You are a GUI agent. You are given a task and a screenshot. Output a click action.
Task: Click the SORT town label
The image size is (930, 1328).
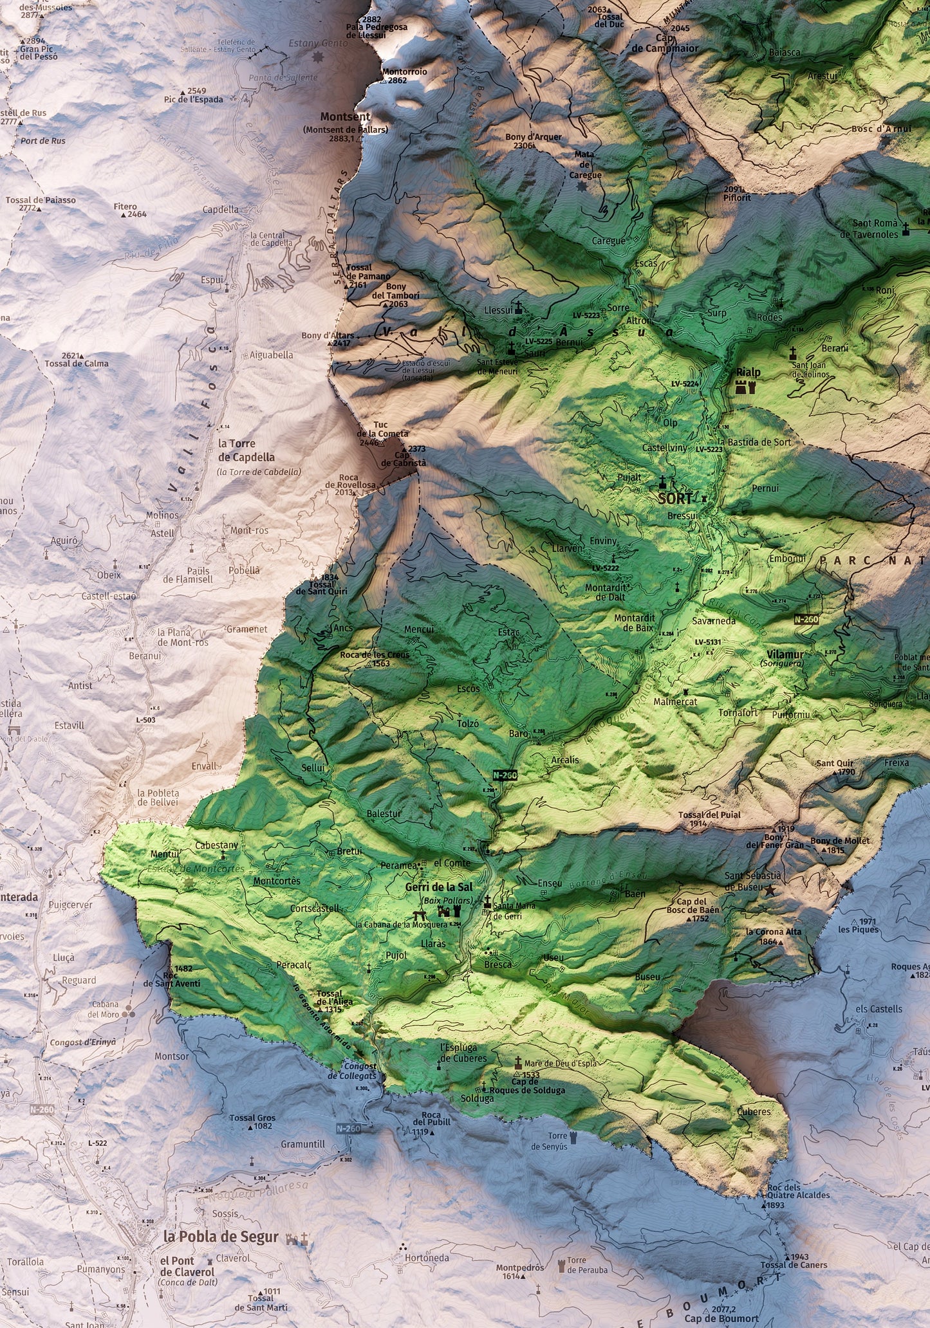675,498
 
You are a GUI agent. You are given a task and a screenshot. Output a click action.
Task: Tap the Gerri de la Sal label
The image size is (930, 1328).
438,887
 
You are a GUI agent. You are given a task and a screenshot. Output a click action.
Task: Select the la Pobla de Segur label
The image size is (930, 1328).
221,1236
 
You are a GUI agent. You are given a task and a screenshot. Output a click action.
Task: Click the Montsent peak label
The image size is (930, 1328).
345,117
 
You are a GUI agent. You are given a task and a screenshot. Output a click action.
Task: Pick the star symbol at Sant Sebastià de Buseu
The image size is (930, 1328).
769,890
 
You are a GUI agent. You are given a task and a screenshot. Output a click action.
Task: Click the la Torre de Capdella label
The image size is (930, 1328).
246,450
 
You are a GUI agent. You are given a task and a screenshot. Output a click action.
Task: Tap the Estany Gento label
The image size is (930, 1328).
308,43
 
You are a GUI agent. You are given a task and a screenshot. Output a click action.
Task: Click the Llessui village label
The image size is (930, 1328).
498,310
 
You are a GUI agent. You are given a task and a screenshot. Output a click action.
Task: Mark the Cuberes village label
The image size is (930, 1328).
754,1111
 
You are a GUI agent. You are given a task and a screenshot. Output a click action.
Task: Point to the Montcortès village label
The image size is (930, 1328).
277,881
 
